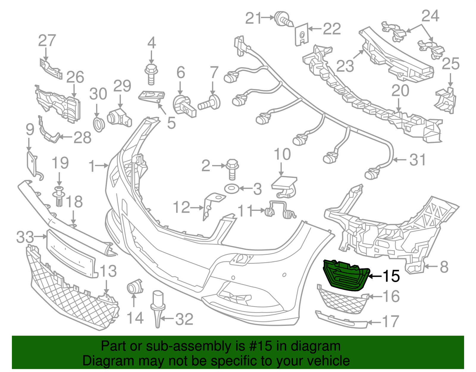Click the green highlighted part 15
pos(346,275)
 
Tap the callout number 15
pos(391,276)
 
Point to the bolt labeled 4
pos(151,74)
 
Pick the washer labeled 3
pos(231,189)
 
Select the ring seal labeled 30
pos(99,125)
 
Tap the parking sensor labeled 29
pos(119,117)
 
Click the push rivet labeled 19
pos(59,196)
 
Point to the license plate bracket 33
pos(72,253)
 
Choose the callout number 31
pos(417,160)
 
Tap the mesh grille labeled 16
pos(343,298)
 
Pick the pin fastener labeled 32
pos(157,309)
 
